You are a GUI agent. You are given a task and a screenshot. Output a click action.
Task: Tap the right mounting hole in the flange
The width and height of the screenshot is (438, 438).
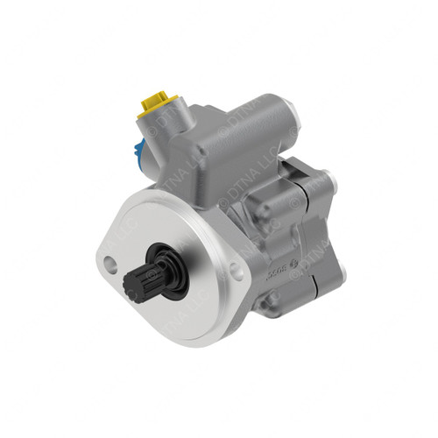coord(235,271)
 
